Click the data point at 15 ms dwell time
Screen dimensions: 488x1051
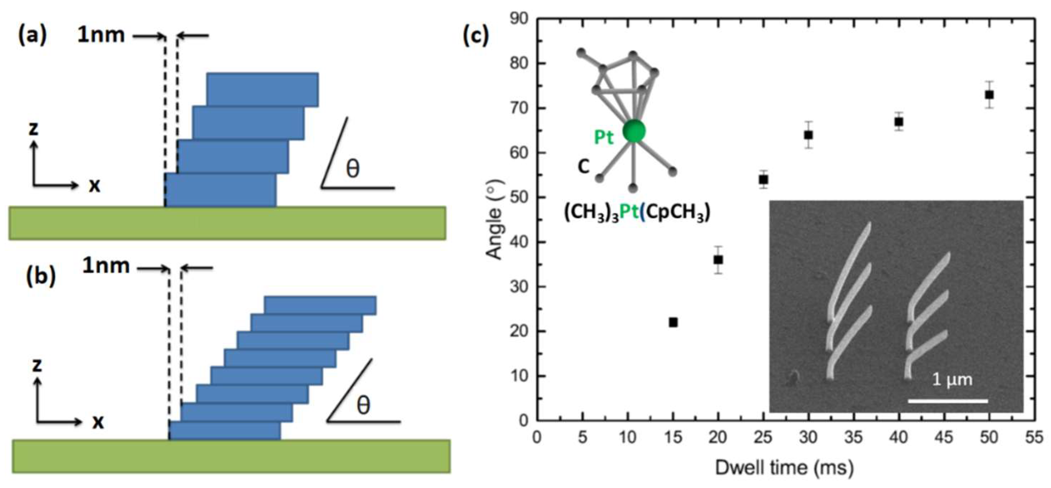point(673,322)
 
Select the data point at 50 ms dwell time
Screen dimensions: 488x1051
point(989,95)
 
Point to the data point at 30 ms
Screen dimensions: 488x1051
point(808,135)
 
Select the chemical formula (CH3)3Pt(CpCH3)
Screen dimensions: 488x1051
point(637,213)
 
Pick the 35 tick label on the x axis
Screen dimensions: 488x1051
point(853,437)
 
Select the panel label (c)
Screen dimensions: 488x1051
point(476,36)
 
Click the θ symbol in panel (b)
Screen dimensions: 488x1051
point(363,405)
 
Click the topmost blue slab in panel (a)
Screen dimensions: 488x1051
point(262,89)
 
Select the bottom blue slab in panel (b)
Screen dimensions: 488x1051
point(225,431)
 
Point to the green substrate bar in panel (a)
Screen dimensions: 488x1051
point(227,223)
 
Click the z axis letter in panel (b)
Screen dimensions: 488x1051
point(38,365)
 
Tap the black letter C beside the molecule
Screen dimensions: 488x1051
point(584,166)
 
